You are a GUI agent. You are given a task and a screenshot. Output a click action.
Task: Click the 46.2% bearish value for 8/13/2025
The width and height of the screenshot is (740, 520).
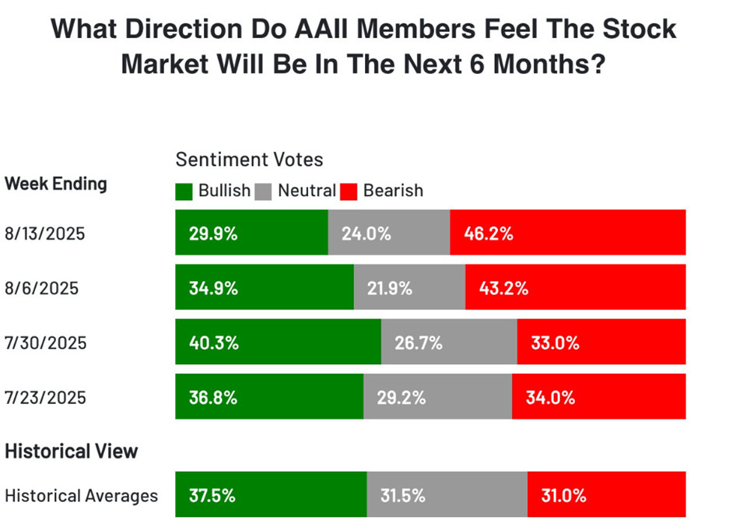pyautogui.click(x=489, y=233)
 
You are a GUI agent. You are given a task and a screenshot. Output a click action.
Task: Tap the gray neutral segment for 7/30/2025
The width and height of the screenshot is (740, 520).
pyautogui.click(x=449, y=343)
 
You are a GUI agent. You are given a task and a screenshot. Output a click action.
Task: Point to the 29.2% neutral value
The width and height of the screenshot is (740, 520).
pyautogui.click(x=402, y=397)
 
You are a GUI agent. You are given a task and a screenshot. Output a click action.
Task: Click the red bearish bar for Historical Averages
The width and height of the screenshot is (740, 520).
pyautogui.click(x=606, y=495)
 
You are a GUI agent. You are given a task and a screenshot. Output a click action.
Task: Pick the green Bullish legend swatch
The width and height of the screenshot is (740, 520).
pyautogui.click(x=184, y=191)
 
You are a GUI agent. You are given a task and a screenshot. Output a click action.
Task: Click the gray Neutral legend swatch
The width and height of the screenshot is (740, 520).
pyautogui.click(x=263, y=191)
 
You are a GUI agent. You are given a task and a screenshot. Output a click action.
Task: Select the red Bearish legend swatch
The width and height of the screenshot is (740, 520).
pyautogui.click(x=349, y=191)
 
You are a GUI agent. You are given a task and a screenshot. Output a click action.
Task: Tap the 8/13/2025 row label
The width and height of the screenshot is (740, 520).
pyautogui.click(x=45, y=233)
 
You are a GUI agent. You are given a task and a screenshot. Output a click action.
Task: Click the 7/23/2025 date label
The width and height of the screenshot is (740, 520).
pyautogui.click(x=45, y=397)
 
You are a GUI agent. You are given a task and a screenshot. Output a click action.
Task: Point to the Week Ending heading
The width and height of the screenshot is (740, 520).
pyautogui.click(x=56, y=184)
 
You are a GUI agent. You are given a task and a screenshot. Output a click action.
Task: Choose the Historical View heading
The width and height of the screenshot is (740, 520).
pyautogui.click(x=72, y=451)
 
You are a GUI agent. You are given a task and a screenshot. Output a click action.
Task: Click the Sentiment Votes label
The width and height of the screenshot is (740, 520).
pyautogui.click(x=249, y=160)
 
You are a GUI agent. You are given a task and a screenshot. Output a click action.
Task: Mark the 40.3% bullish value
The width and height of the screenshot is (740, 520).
pyautogui.click(x=212, y=343)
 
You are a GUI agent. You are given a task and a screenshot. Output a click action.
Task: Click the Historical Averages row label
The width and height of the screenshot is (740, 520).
pyautogui.click(x=81, y=495)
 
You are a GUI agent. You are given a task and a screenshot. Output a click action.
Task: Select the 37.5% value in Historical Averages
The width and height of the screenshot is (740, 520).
pyautogui.click(x=212, y=495)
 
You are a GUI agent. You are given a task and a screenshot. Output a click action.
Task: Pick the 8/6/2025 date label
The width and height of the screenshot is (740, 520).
pyautogui.click(x=41, y=287)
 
